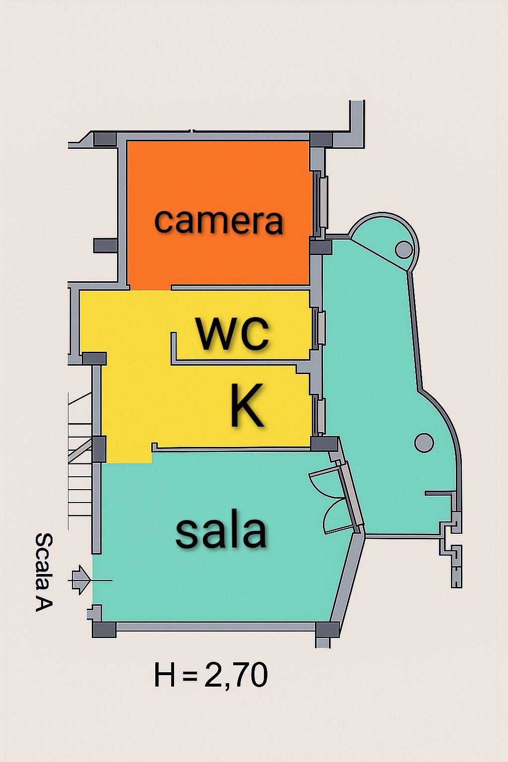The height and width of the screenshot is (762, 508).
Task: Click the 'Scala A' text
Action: (44, 572)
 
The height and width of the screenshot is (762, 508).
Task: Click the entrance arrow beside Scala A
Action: (81, 580)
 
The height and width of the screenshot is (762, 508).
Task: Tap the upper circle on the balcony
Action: (404, 250)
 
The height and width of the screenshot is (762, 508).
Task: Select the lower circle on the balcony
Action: (424, 442)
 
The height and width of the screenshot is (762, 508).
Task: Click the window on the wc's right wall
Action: (321, 327)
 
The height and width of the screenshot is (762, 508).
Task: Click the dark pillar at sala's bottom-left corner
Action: (104, 629)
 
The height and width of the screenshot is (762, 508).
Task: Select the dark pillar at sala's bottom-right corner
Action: (327, 629)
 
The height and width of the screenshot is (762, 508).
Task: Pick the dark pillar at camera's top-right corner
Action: (320, 139)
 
